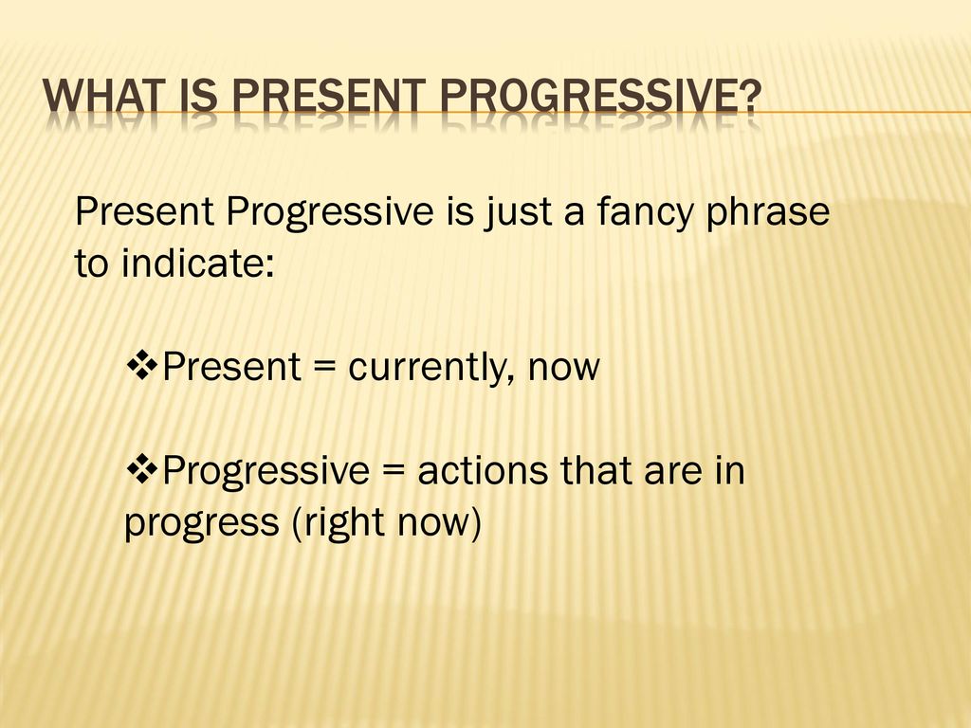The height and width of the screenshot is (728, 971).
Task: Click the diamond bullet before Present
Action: [x=142, y=365]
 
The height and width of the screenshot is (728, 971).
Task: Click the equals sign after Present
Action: [x=324, y=367]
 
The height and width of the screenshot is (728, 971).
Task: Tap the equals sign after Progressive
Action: [x=394, y=471]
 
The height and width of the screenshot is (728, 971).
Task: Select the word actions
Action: [x=483, y=470]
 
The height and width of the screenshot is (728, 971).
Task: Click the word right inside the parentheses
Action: [x=341, y=523]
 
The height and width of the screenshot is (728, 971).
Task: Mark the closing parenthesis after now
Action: [x=475, y=523]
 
